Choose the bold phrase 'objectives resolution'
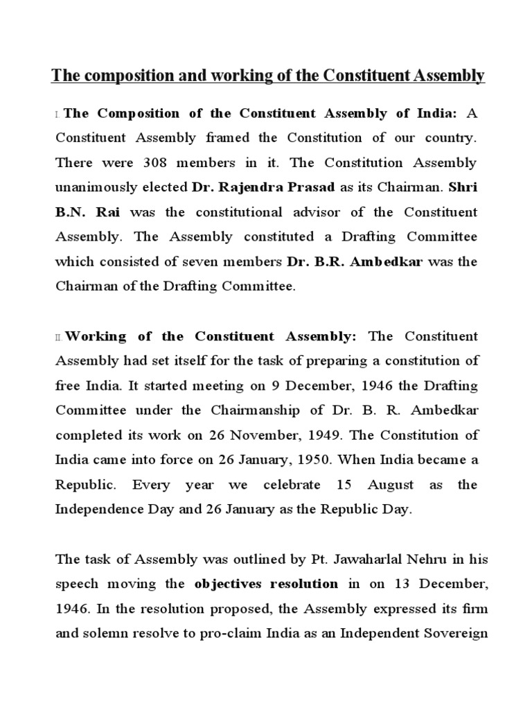coord(266,584)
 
